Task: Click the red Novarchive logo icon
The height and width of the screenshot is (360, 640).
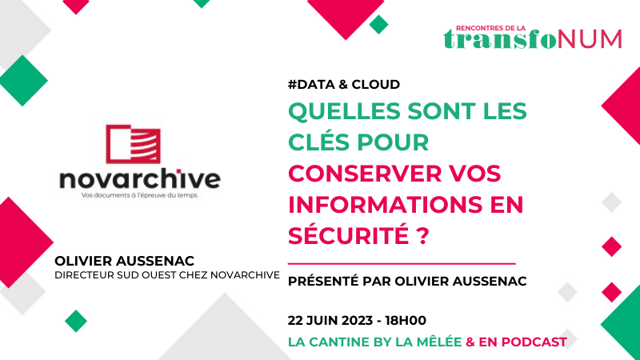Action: click(133, 144)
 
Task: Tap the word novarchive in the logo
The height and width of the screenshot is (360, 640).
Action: click(140, 178)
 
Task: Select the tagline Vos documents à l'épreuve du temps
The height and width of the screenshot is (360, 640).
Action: click(139, 195)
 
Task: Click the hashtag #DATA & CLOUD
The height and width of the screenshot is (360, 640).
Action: click(344, 85)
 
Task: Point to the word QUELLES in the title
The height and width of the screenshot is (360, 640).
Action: click(345, 111)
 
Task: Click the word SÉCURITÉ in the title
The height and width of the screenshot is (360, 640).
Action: click(349, 234)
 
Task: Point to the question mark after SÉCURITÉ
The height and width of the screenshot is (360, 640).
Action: click(423, 235)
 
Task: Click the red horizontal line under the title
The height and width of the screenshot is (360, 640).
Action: click(402, 264)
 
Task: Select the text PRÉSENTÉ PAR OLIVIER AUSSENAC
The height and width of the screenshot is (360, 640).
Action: click(407, 281)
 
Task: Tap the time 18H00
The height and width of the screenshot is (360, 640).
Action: click(406, 321)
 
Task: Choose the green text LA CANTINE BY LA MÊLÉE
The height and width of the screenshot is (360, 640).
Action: click(374, 342)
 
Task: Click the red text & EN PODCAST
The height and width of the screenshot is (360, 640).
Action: click(516, 342)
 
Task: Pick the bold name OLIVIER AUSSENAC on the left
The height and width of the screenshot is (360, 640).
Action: click(125, 261)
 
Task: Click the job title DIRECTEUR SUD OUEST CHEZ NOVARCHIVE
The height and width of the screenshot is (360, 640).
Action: click(167, 275)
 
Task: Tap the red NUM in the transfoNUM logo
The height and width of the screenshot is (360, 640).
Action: click(589, 39)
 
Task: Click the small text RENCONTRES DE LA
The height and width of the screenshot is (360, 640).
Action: click(491, 28)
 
